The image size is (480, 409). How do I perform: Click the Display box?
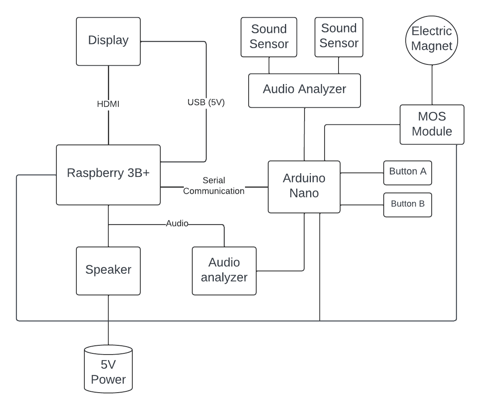point(108,41)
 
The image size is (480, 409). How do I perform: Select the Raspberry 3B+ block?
point(108,175)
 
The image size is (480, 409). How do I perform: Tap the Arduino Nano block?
point(304,186)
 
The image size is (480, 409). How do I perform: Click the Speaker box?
point(108,271)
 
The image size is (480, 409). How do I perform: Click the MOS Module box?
point(432,124)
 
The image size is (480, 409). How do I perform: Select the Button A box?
point(408,173)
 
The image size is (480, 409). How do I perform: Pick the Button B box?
point(408,205)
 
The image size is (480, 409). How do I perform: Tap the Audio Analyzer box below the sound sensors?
point(305,90)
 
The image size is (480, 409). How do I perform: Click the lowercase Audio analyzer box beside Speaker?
point(224,271)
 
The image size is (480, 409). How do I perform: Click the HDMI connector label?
point(108,104)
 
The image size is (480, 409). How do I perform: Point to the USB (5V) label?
point(206,102)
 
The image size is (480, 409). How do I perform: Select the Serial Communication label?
point(214,186)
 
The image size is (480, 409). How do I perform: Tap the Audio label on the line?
point(177,224)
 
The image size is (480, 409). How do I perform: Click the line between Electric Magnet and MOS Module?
point(432,85)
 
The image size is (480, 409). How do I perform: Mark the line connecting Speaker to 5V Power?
point(108,320)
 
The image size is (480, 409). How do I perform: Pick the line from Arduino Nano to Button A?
point(362,173)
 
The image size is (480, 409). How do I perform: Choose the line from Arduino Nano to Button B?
point(362,205)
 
